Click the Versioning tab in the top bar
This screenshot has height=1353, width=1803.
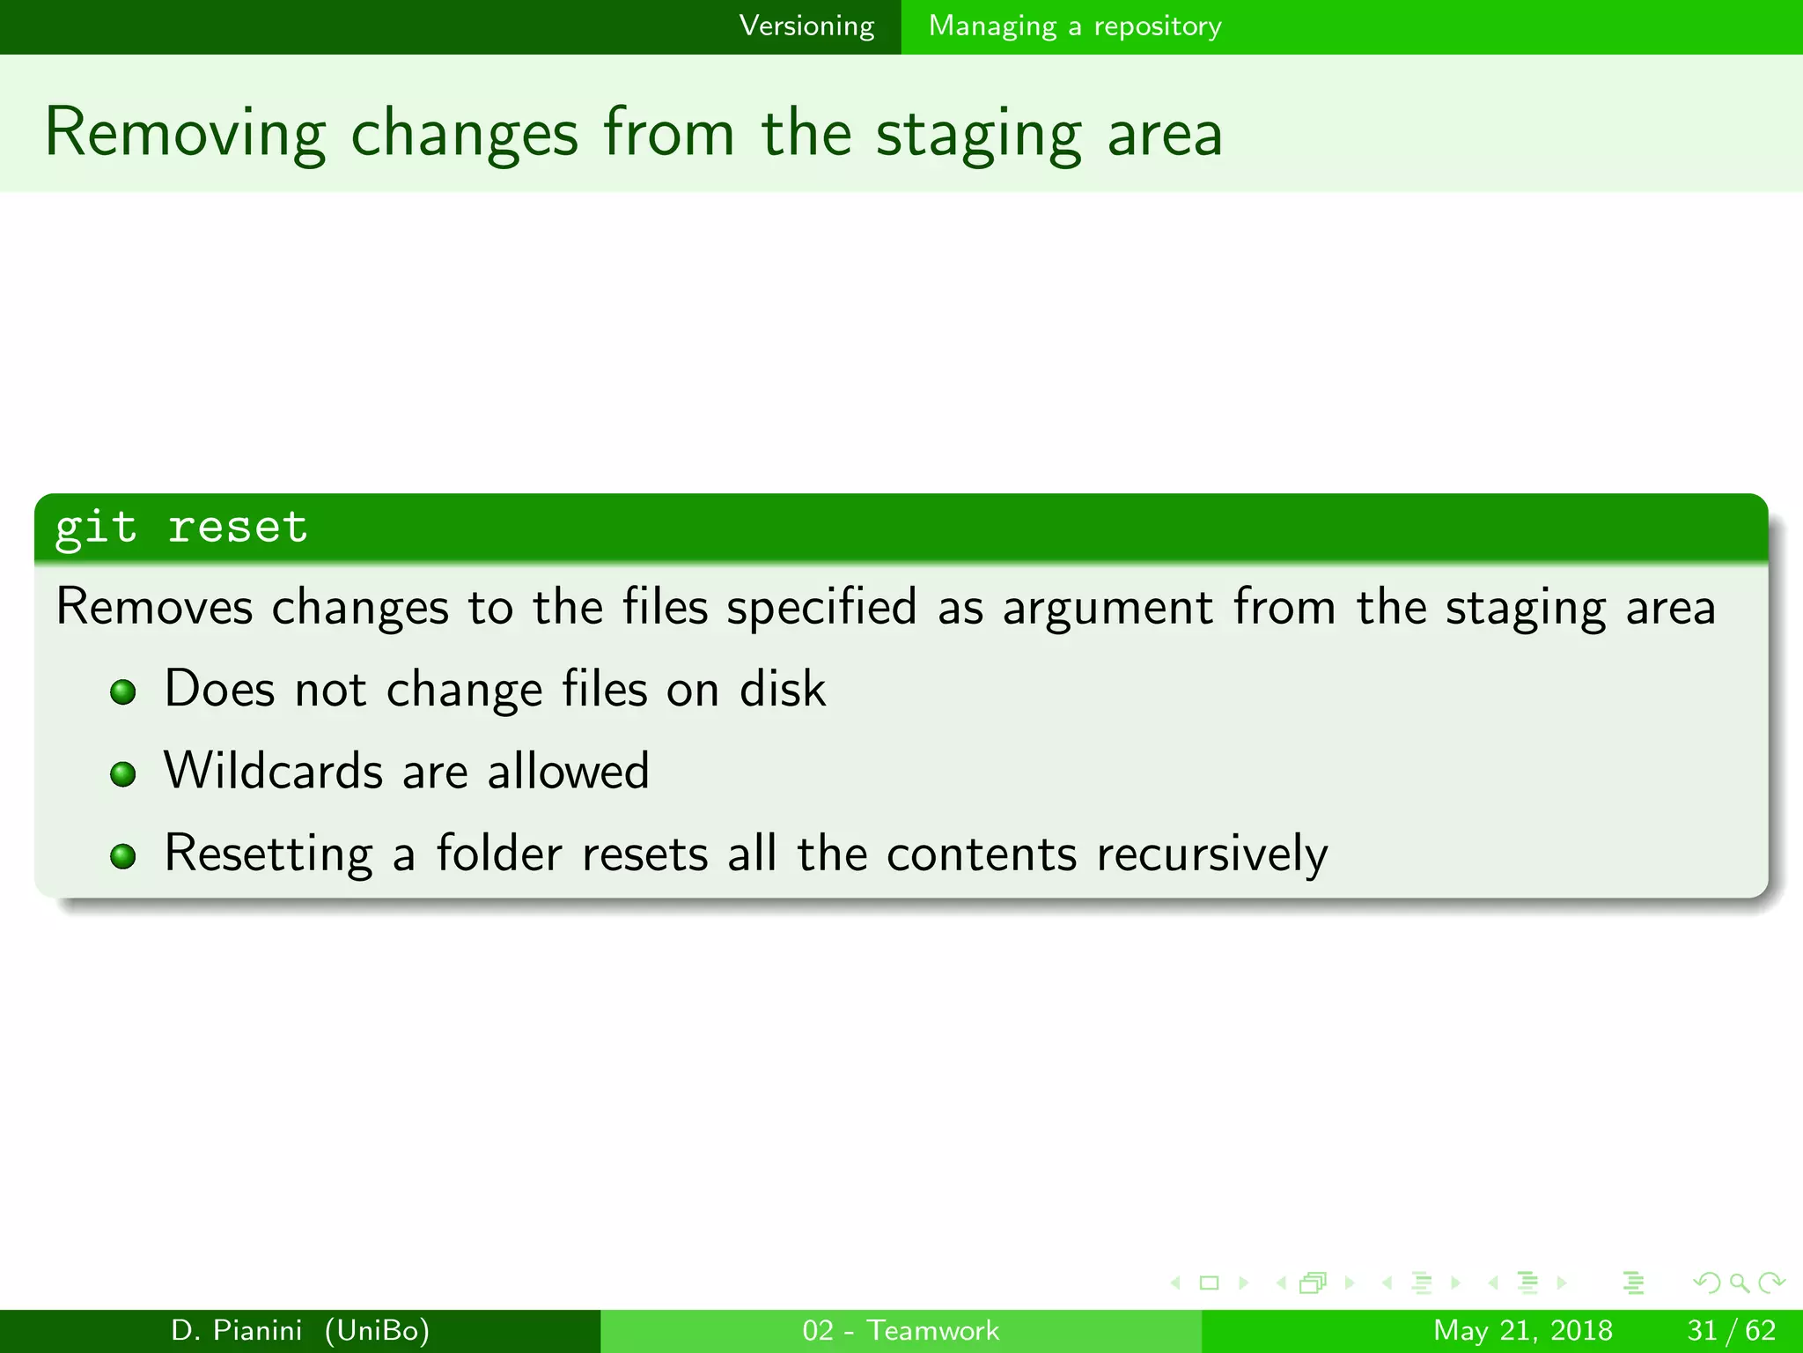(806, 26)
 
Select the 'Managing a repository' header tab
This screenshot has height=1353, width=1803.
(1075, 26)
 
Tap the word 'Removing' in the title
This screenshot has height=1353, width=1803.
(185, 134)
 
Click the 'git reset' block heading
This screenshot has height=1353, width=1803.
(181, 528)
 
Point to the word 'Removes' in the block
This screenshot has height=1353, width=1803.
(154, 607)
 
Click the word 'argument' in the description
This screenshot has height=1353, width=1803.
(1108, 609)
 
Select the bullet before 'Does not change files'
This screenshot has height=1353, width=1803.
(123, 691)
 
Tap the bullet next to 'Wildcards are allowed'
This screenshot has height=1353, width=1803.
(123, 774)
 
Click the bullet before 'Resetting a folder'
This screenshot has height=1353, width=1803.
(123, 856)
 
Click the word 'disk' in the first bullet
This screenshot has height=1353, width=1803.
(782, 689)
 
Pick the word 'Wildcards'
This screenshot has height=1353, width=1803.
(273, 772)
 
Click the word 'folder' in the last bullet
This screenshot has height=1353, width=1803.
(499, 854)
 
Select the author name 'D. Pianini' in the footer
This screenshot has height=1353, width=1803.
(236, 1330)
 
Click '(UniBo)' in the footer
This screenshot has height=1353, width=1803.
(377, 1330)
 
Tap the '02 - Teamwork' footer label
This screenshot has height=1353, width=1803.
(901, 1330)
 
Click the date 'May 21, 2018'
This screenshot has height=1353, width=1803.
(1522, 1330)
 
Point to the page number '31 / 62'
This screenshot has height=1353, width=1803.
(1731, 1330)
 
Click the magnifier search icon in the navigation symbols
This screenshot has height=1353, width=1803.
(1739, 1283)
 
